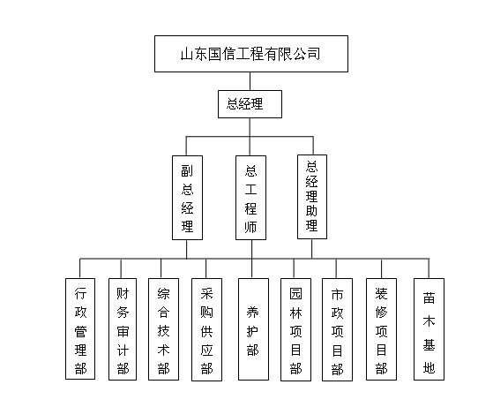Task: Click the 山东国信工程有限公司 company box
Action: click(251, 54)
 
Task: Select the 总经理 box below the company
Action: click(250, 104)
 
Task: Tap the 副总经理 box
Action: click(187, 198)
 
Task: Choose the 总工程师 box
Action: click(250, 198)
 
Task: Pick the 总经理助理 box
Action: click(312, 197)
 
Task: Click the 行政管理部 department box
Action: click(80, 329)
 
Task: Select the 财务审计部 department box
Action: click(123, 329)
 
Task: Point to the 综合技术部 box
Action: click(163, 329)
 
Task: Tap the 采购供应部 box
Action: click(206, 329)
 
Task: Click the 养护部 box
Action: click(253, 329)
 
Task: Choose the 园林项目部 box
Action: click(295, 329)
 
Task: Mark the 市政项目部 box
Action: click(337, 329)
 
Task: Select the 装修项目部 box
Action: click(381, 329)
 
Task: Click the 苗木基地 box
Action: click(429, 329)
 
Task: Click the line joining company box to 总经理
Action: click(250, 81)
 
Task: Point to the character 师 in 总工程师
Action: click(250, 227)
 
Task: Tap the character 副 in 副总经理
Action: click(187, 170)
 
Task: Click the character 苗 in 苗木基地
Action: click(429, 298)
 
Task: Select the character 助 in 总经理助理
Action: click(311, 210)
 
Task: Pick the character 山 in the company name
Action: click(187, 54)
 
